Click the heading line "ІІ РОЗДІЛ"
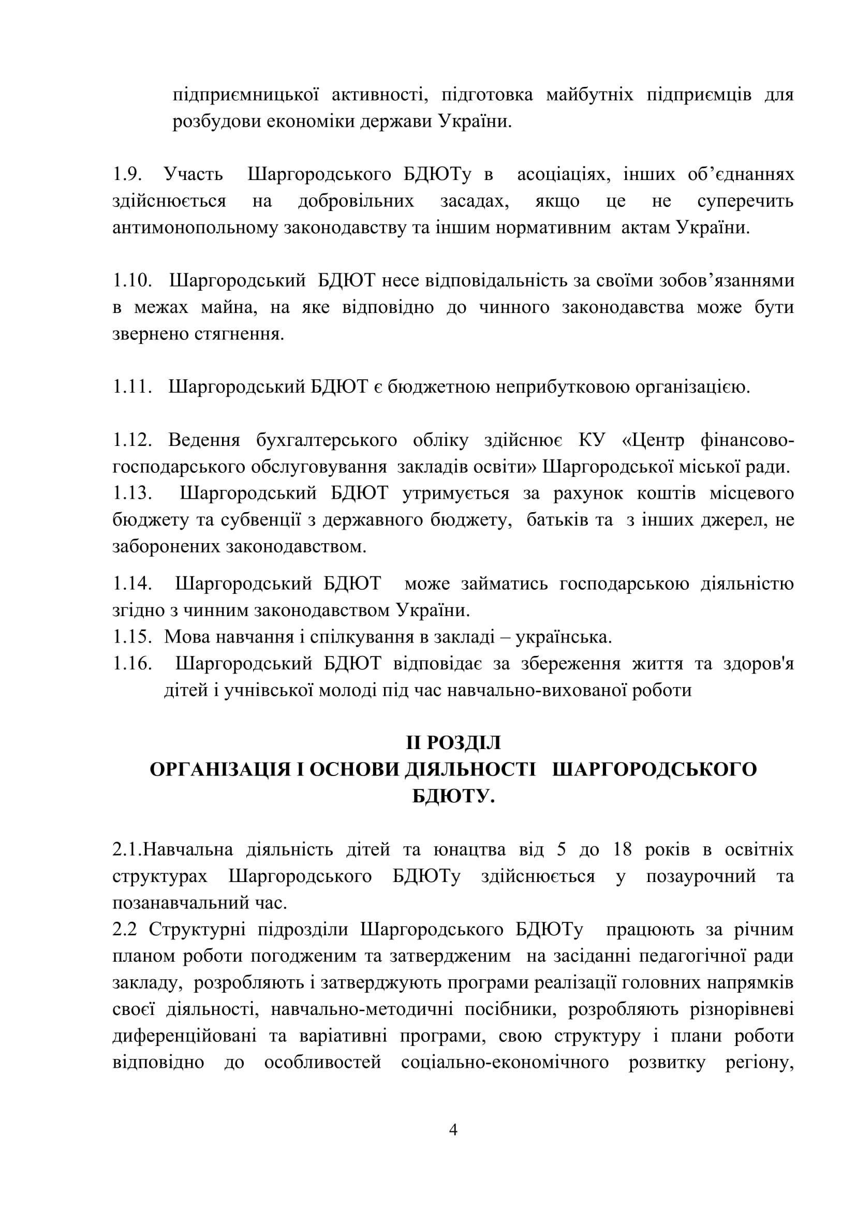453,742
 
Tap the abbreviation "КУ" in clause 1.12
593,440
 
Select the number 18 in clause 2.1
623,849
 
